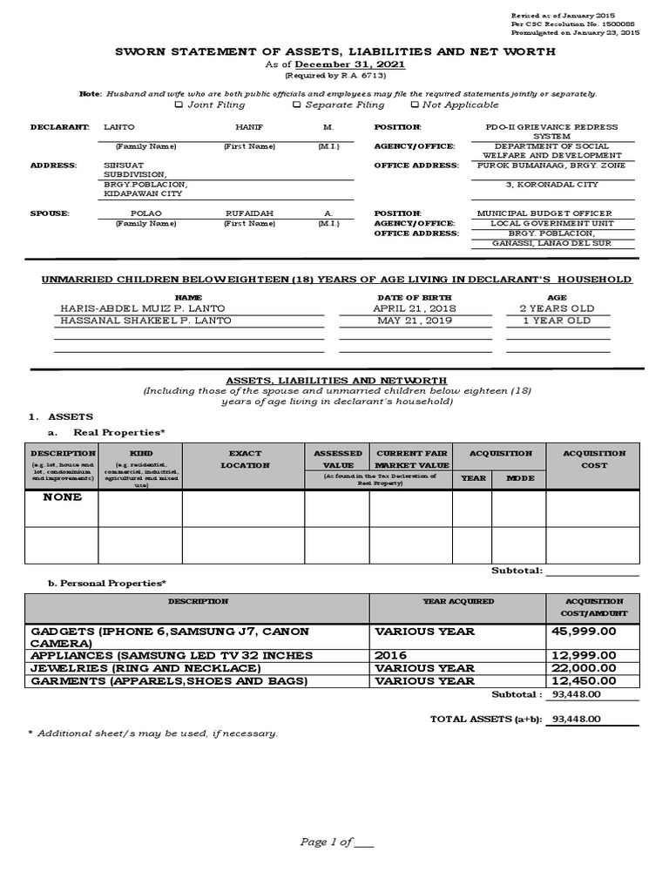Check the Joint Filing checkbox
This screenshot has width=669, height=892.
[179, 105]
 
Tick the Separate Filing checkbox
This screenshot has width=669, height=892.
[296, 105]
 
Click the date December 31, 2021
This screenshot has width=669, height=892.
[349, 65]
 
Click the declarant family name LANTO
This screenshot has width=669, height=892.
[119, 127]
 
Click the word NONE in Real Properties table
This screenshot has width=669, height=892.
[62, 497]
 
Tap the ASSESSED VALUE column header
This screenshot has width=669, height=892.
[337, 459]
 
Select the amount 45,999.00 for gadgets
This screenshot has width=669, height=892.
[584, 630]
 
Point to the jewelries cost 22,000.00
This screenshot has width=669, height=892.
[584, 668]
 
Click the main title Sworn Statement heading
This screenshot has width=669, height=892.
[335, 52]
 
